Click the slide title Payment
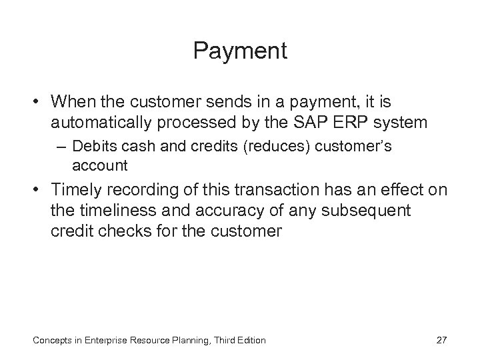click(240, 51)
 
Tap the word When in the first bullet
click(73, 103)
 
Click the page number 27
click(441, 341)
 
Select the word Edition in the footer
click(249, 341)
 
